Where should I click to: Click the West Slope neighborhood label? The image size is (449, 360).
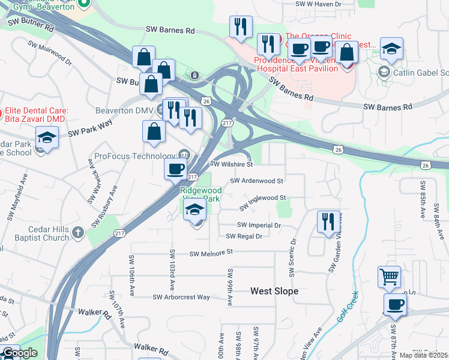pos(274,291)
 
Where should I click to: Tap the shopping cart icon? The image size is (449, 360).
pos(389,277)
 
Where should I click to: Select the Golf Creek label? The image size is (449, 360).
pos(347,307)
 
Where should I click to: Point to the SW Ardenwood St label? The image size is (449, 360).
pos(256,180)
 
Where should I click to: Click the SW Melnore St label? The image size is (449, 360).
pos(211,254)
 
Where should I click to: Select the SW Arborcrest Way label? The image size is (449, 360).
pos(181,297)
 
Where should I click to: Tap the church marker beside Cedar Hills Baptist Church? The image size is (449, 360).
pos(77,232)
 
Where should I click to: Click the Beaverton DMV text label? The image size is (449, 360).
pos(124,110)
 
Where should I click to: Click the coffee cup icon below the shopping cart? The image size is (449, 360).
pos(394,304)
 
